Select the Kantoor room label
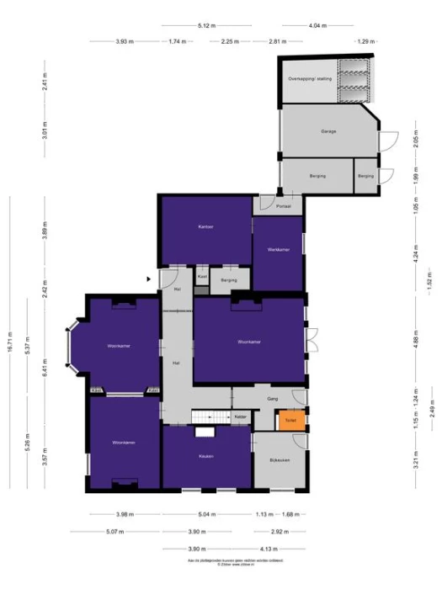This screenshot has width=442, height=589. click(205, 227)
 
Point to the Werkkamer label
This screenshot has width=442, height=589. click(279, 251)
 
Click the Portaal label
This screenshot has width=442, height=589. click(284, 205)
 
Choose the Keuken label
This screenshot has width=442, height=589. click(206, 456)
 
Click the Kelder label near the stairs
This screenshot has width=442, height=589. click(240, 417)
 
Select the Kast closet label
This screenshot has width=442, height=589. click(202, 275)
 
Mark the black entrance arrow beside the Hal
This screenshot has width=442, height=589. click(149, 279)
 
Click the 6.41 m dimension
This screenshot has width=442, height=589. click(47, 367)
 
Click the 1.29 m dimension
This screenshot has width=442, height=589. click(365, 40)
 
